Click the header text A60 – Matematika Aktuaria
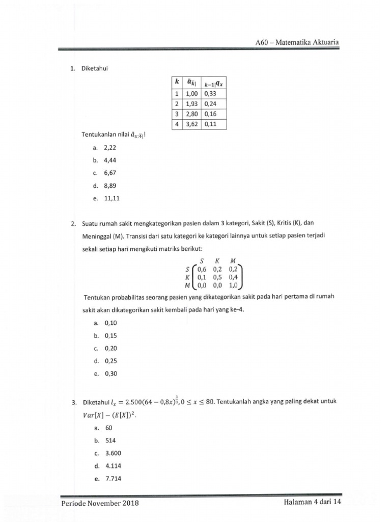(297, 42)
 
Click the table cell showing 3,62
(191, 124)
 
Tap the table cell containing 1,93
(191, 104)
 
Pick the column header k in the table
(176, 82)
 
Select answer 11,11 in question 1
(112, 199)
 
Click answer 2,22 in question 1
(110, 147)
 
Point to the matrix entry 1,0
(235, 286)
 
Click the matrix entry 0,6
(202, 269)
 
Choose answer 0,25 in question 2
(110, 361)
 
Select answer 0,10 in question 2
(110, 323)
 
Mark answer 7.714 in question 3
(114, 479)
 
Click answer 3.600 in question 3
(114, 453)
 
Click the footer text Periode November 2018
(100, 503)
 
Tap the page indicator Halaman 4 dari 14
(312, 502)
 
